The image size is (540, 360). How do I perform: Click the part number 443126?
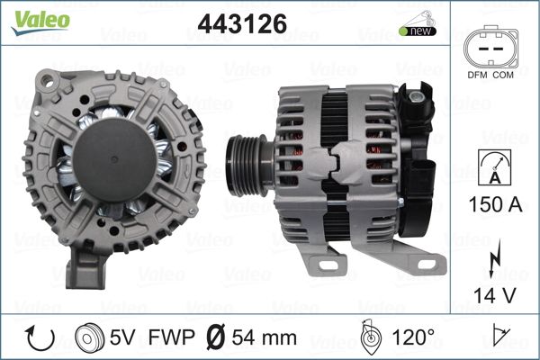[x=242, y=23]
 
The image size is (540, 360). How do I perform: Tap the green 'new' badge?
[x=418, y=31]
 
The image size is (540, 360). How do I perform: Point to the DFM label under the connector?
[x=477, y=75]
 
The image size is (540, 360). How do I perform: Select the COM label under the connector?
[x=503, y=75]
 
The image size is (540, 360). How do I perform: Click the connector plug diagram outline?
[x=490, y=46]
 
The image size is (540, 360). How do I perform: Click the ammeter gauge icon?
[x=494, y=167]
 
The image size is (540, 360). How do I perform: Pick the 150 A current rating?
[x=495, y=204]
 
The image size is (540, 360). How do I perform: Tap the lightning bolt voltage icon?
[x=494, y=258]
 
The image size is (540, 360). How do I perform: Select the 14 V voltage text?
[x=494, y=295]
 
